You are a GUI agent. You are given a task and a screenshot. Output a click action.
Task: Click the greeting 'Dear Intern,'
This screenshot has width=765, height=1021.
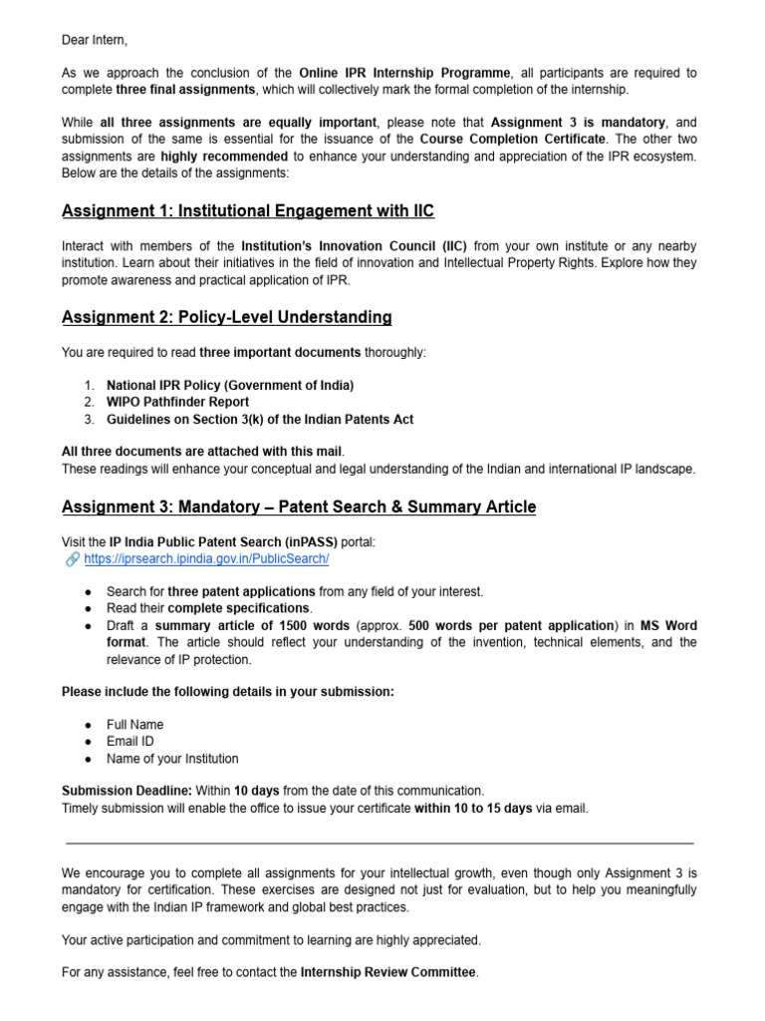(x=95, y=40)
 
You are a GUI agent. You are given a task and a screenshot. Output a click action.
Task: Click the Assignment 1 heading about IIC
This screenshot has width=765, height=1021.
(x=248, y=211)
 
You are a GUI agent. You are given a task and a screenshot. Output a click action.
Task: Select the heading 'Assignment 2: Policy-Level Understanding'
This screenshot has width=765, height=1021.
(x=226, y=317)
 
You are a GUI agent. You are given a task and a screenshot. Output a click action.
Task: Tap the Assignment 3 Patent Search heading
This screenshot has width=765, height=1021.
(x=299, y=507)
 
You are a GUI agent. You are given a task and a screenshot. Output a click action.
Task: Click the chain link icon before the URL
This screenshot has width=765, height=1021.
(x=73, y=558)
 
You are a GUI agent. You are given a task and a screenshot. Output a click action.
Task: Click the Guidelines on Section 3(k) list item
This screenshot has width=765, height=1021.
(x=260, y=420)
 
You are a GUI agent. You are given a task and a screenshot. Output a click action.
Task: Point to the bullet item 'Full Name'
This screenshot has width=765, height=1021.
(x=135, y=724)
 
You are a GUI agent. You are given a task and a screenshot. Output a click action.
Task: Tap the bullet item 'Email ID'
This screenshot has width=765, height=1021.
(x=131, y=742)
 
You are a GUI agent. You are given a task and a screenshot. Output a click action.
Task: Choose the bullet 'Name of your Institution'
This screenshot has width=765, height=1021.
(x=172, y=759)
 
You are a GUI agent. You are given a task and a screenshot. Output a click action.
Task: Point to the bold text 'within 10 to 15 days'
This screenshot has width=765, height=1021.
(x=473, y=808)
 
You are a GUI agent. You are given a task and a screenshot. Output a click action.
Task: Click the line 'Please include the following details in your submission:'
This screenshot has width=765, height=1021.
(x=228, y=692)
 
